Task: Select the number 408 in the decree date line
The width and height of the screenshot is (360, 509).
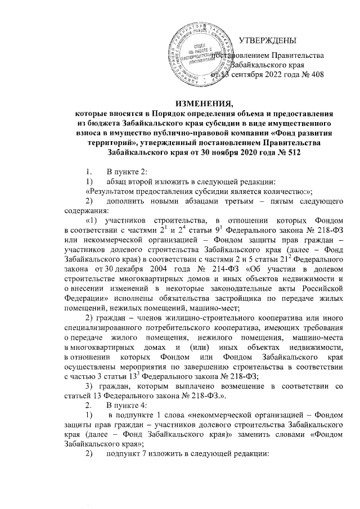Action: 317,74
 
